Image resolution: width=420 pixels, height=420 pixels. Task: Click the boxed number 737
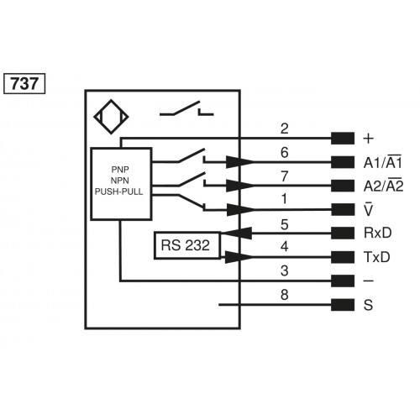(x=24, y=84)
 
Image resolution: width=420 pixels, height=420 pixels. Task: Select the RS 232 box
(x=186, y=244)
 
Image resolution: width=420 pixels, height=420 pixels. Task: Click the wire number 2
(x=284, y=129)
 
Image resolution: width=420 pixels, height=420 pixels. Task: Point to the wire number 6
(x=284, y=153)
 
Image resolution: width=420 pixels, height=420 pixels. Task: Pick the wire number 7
(x=284, y=176)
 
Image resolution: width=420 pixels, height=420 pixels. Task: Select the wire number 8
(x=284, y=295)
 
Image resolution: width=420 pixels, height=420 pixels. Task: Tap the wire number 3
(x=284, y=270)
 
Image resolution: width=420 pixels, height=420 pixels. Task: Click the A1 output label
(x=381, y=162)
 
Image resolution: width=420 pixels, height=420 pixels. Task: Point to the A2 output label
(x=381, y=186)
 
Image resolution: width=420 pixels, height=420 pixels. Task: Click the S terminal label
(x=367, y=305)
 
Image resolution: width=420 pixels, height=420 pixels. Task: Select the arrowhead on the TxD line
(x=239, y=257)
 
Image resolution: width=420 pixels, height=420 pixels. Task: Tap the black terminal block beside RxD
(x=343, y=234)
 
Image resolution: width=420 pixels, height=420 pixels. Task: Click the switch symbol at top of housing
(x=187, y=111)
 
